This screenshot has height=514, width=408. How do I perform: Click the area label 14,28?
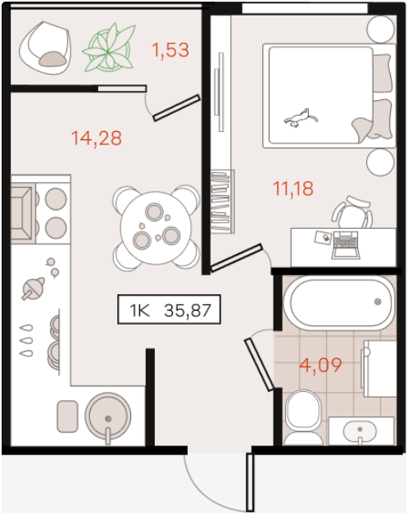click(x=97, y=139)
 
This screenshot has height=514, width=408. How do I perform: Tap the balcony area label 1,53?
click(x=170, y=50)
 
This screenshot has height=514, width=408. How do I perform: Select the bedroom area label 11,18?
click(x=293, y=189)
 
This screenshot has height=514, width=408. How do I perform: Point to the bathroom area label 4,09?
click(x=320, y=365)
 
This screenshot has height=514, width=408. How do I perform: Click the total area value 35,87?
click(x=188, y=310)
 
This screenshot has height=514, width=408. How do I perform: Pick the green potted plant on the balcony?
click(x=108, y=48)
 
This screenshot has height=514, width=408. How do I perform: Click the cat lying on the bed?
click(x=301, y=118)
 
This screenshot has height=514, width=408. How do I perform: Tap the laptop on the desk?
click(x=346, y=245)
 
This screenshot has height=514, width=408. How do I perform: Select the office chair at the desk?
click(x=352, y=212)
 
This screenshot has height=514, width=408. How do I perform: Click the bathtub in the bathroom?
click(x=339, y=302)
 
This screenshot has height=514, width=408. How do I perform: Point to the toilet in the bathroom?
click(x=303, y=417)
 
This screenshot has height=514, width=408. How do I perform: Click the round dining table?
click(x=156, y=228)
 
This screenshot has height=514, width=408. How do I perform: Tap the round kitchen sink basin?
click(x=108, y=416)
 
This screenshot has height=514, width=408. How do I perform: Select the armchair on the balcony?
click(x=45, y=48)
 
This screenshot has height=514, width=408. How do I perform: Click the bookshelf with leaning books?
click(x=222, y=202)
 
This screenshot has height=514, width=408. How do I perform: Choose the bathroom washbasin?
click(x=360, y=430)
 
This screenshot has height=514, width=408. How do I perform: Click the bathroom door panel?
click(x=259, y=365)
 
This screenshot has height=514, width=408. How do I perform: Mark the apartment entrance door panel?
click(x=250, y=482)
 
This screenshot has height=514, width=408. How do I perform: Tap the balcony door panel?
click(x=177, y=107)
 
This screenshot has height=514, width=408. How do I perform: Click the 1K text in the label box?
click(x=140, y=311)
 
